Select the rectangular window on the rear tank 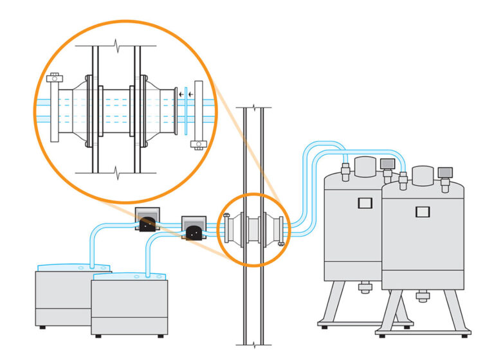tap(364, 204)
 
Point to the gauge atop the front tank tap(445, 172)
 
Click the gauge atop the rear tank tap(387, 164)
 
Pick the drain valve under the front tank tap(423, 296)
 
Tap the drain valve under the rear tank tap(364, 287)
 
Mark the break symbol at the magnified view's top tap(116, 46)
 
